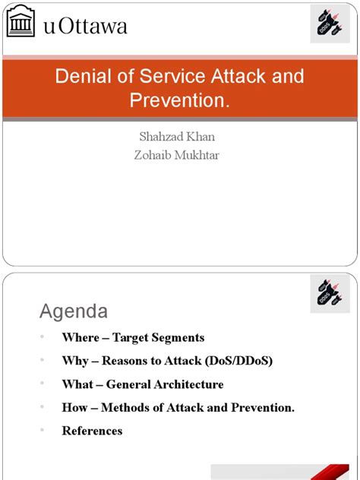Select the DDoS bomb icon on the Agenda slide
pyautogui.click(x=330, y=293)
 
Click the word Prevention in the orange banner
pyautogui.click(x=177, y=99)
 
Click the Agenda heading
pyautogui.click(x=74, y=311)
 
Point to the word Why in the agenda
pyautogui.click(x=75, y=362)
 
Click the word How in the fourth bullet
pyautogui.click(x=74, y=408)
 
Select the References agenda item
pyautogui.click(x=92, y=431)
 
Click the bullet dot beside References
pyautogui.click(x=43, y=431)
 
